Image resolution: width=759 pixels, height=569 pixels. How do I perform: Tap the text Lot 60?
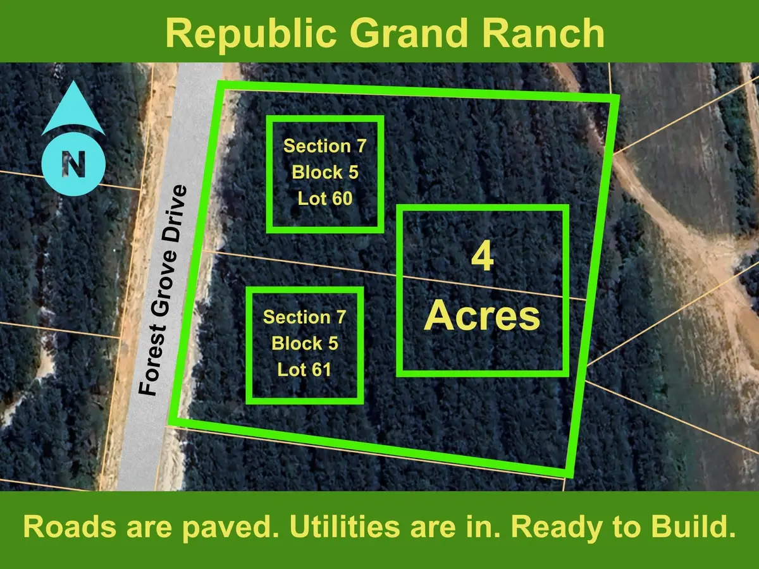point(324,199)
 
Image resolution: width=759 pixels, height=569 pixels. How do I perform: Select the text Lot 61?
point(304,369)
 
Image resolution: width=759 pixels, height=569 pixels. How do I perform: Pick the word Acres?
point(482,316)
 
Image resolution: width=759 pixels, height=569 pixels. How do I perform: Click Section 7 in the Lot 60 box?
point(324,146)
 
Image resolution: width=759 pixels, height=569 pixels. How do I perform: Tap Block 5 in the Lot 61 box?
point(304,343)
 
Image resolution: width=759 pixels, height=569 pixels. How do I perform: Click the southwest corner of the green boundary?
point(171,420)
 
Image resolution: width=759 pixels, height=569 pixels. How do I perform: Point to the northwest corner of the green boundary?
point(220,84)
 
